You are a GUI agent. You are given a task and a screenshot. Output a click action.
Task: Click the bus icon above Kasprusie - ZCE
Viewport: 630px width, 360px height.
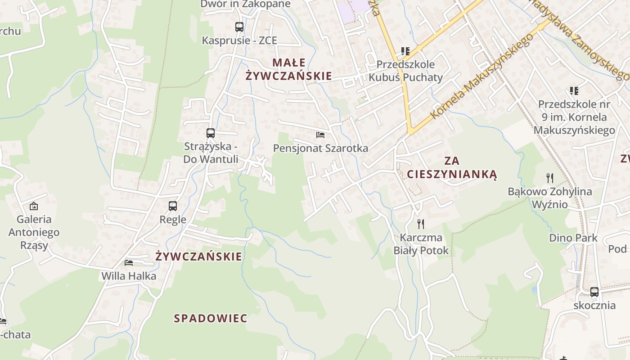[x=239, y=27]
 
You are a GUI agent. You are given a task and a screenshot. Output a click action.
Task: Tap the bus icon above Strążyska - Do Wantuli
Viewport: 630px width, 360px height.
[x=211, y=133]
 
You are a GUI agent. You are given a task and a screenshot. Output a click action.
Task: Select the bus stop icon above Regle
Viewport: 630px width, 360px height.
[x=173, y=207]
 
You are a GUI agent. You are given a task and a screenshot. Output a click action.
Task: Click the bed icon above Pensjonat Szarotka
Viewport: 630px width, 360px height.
[x=320, y=135]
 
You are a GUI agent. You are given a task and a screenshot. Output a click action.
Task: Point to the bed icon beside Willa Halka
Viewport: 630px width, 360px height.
[x=129, y=262]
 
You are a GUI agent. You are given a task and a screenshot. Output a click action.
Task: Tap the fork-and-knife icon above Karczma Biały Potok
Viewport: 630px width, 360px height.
[x=421, y=224]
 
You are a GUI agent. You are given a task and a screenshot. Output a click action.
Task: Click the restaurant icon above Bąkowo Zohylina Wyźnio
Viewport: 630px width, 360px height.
[x=549, y=178]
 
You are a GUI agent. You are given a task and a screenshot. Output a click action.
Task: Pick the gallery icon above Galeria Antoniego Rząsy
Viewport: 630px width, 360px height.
[x=34, y=207]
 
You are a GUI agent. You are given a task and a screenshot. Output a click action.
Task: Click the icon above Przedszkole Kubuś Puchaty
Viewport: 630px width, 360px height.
[x=405, y=51]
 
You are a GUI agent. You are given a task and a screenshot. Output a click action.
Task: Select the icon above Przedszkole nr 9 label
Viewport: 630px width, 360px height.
[x=574, y=91]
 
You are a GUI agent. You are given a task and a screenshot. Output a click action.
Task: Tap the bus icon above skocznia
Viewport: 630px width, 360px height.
[x=594, y=292]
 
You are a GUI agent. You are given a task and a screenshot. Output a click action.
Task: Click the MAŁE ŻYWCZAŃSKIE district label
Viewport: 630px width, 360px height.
[x=289, y=69]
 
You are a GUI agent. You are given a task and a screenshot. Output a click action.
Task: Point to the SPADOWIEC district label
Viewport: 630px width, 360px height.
[x=211, y=319]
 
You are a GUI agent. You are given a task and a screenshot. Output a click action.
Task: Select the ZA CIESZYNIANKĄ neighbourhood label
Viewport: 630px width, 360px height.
[x=452, y=167]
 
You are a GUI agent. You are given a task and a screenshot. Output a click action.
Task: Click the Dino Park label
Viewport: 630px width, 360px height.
[x=573, y=238]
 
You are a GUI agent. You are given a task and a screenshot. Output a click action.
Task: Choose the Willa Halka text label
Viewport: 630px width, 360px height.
[x=129, y=276]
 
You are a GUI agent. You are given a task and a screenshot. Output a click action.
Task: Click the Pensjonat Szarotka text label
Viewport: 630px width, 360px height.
[x=320, y=148]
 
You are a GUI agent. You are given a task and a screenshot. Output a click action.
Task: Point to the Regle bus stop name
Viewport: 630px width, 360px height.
[x=173, y=220]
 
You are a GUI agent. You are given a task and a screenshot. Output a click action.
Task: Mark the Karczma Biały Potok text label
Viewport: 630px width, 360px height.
[x=421, y=244]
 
